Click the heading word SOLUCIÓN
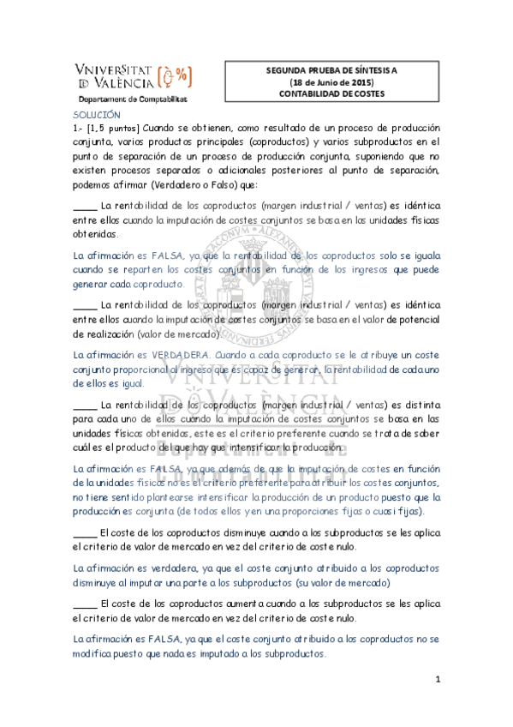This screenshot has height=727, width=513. (x=96, y=114)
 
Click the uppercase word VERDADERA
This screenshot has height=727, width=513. (x=180, y=355)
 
